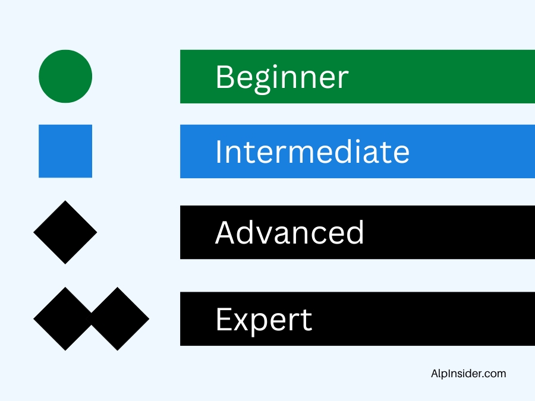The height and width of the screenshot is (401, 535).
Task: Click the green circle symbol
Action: click(x=65, y=77)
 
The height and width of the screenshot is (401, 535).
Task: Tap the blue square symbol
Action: click(x=65, y=151)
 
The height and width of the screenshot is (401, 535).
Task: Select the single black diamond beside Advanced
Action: click(x=65, y=232)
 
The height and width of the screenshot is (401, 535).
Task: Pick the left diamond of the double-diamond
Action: click(x=63, y=319)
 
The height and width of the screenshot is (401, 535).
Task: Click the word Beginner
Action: click(x=282, y=78)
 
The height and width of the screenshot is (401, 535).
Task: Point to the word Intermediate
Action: click(x=313, y=151)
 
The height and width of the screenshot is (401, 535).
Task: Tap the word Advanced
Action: click(x=289, y=232)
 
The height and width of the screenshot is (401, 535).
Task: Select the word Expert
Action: click(x=264, y=320)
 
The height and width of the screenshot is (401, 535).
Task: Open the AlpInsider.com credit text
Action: click(x=468, y=374)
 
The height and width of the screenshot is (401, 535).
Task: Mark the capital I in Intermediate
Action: click(x=219, y=151)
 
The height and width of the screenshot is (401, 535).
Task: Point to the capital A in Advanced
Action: click(x=226, y=232)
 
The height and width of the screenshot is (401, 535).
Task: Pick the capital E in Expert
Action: click(x=224, y=319)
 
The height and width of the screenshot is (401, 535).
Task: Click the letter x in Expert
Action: click(x=244, y=322)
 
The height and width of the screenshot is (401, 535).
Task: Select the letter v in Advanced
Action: click(x=269, y=236)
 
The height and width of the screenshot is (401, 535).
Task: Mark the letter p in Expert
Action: click(x=266, y=325)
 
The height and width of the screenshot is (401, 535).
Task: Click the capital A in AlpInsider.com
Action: click(x=435, y=374)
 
